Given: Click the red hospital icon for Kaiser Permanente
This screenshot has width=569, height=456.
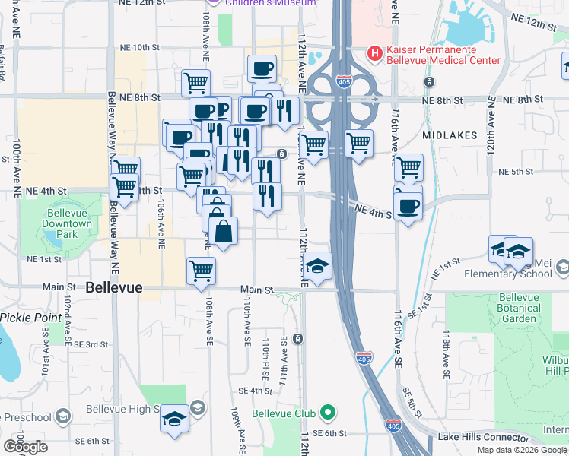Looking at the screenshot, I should click(374, 53).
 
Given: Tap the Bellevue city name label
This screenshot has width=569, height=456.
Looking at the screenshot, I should click(114, 288).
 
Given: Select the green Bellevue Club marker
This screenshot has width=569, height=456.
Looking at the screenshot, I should click(328, 413).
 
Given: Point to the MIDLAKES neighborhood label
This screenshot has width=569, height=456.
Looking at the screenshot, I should click(450, 135).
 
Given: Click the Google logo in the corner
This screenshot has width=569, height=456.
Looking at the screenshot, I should click(25, 447).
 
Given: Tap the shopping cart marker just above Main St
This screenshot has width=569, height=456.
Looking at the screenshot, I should click(201, 270).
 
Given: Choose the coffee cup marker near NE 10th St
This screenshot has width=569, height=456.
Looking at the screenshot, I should click(262, 69).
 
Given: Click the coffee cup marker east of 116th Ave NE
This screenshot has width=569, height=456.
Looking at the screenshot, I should click(408, 205).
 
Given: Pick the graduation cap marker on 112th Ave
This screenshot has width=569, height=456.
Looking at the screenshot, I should click(318, 265).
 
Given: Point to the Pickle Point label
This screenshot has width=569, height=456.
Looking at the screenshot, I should click(31, 316).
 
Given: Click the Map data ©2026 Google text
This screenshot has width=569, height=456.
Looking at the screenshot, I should click(522, 450).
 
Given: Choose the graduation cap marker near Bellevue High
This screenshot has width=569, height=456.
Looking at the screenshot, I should click(174, 419).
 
